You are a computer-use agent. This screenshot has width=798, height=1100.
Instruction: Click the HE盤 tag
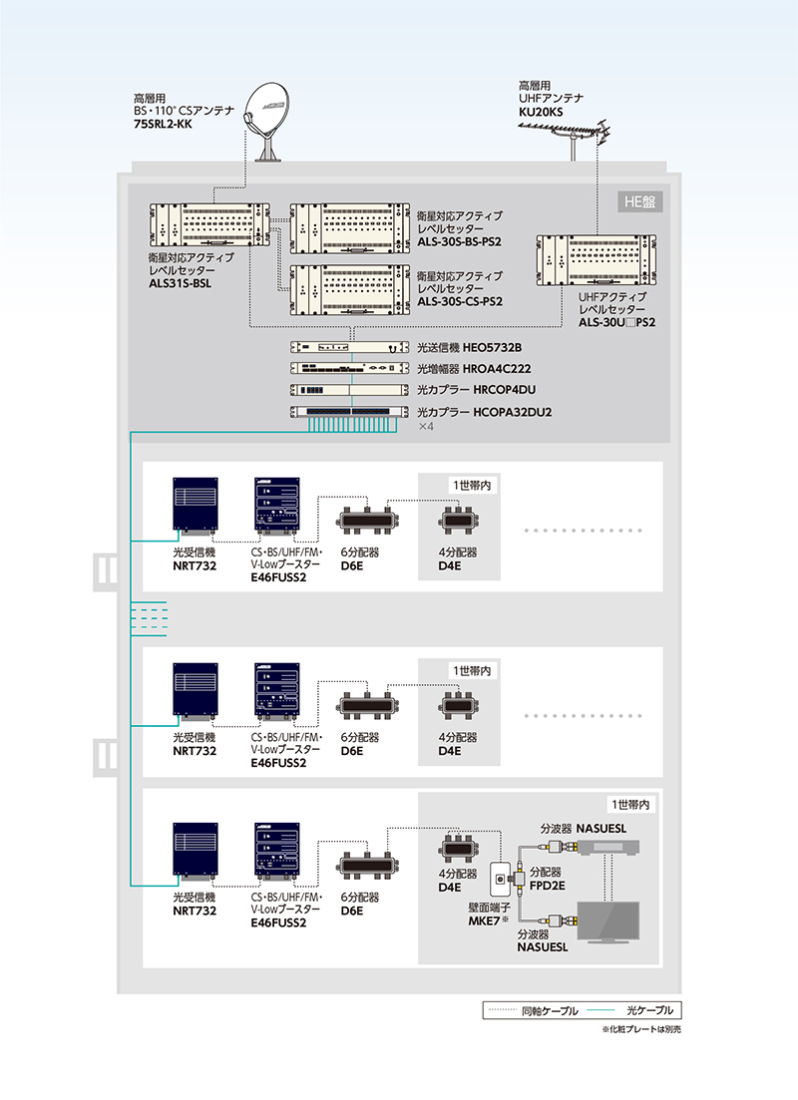638,201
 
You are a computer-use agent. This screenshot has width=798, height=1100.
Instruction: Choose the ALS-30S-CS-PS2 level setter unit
350,289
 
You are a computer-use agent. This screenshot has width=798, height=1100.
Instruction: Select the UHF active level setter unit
596,258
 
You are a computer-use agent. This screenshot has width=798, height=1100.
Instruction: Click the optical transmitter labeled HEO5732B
349,347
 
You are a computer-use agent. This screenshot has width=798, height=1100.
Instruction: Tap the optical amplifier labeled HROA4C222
349,368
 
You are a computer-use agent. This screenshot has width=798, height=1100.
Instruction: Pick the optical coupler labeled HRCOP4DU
349,390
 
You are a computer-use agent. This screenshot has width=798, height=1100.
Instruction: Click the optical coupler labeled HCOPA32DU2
349,412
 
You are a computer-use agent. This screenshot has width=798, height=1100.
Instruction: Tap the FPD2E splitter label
549,884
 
